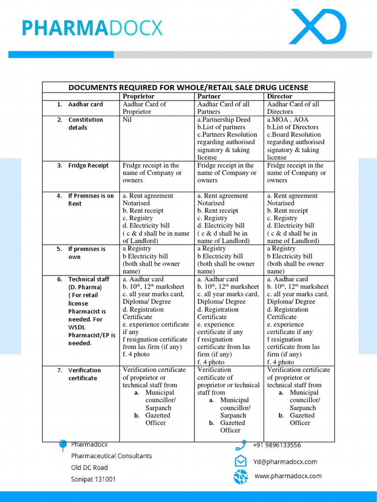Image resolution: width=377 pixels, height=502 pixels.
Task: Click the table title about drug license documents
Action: (188, 87)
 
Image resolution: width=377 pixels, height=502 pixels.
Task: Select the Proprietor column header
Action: (138, 96)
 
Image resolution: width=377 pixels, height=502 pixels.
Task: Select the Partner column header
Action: (209, 96)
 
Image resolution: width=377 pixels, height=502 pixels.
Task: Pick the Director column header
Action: (279, 96)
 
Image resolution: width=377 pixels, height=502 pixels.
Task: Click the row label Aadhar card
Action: (85, 104)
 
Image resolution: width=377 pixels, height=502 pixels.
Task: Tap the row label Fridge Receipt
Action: (88, 166)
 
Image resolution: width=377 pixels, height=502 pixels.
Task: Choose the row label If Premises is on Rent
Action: (90, 200)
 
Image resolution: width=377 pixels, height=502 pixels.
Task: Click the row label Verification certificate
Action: (84, 374)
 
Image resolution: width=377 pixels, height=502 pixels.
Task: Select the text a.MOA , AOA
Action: (288, 120)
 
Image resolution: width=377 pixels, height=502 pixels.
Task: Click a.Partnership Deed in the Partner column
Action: (224, 120)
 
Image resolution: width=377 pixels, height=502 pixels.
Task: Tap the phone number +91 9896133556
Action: (277, 445)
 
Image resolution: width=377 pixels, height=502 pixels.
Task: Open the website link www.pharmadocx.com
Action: (288, 476)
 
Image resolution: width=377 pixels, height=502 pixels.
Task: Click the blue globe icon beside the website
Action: (241, 476)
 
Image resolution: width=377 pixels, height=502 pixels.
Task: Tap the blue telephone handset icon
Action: (241, 445)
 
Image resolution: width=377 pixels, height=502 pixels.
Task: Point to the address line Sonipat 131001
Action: (93, 479)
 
